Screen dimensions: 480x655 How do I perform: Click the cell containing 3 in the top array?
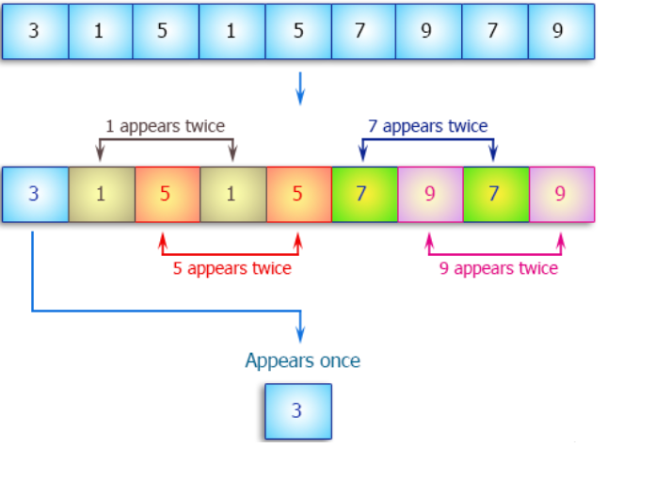click(34, 31)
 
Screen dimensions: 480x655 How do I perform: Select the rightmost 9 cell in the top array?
click(560, 31)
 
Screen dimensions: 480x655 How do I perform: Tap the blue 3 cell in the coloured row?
click(35, 195)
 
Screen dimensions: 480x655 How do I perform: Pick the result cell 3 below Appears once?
click(297, 411)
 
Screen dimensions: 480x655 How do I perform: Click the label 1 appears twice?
click(166, 126)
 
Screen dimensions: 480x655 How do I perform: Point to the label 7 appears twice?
click(427, 126)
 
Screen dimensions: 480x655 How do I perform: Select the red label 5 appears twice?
click(232, 268)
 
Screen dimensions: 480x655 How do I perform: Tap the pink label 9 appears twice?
click(498, 268)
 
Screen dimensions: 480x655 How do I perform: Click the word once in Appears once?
click(338, 360)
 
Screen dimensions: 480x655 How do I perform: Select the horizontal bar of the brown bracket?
click(166, 140)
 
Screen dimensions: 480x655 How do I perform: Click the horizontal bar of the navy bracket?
click(427, 140)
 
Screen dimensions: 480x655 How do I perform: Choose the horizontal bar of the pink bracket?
click(496, 253)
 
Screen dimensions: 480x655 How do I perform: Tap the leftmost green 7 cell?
click(363, 195)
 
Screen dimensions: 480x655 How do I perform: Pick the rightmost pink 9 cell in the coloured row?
click(562, 195)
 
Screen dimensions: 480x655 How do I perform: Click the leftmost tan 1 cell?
click(101, 195)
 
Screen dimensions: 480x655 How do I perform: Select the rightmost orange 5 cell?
click(298, 195)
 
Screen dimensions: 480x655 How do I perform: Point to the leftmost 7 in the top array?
click(362, 31)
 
